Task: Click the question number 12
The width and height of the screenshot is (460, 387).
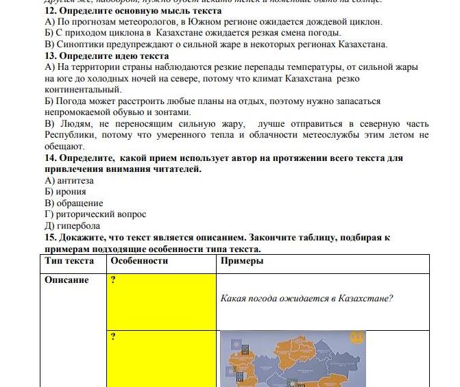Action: pyautogui.click(x=50, y=11)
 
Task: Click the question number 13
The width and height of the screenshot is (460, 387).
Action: pyautogui.click(x=50, y=55)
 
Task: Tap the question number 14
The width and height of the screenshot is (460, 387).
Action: pyautogui.click(x=50, y=158)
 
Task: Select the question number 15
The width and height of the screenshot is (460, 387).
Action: pyautogui.click(x=50, y=237)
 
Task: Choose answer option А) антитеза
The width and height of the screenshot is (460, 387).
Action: pyautogui.click(x=69, y=180)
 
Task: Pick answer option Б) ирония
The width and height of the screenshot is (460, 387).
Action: pyautogui.click(x=65, y=192)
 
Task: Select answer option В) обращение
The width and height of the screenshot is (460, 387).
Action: pyautogui.click(x=74, y=203)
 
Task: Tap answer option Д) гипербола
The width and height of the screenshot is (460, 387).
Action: pyautogui.click(x=72, y=225)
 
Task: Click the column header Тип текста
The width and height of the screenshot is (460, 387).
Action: pyautogui.click(x=70, y=261)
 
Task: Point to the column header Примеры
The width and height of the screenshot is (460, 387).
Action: pyautogui.click(x=242, y=261)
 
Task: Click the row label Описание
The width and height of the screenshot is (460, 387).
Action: pyautogui.click(x=67, y=279)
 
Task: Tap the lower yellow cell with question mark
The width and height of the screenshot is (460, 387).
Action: pyautogui.click(x=161, y=356)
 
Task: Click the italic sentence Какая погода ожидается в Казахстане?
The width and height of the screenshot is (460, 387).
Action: pyautogui.click(x=306, y=299)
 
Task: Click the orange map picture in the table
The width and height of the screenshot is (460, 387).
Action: pyautogui.click(x=293, y=360)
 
